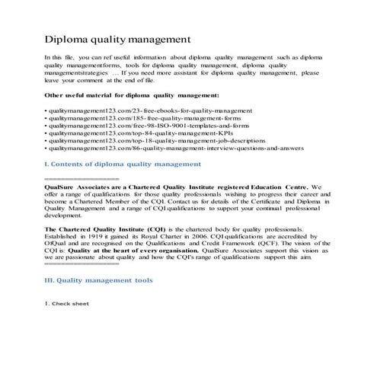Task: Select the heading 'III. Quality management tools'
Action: point(99,280)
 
